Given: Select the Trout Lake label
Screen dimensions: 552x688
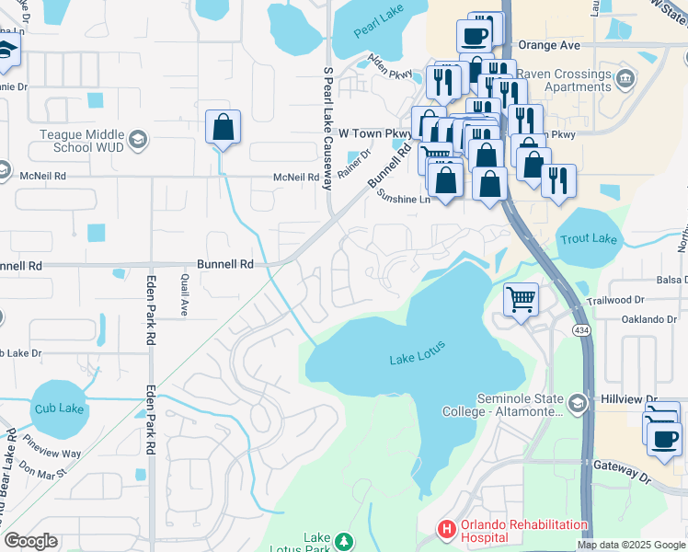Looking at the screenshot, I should tap(589, 239).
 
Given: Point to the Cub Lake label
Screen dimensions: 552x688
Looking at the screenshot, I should tap(56, 408).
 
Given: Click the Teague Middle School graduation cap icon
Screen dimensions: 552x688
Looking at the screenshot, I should tap(137, 140).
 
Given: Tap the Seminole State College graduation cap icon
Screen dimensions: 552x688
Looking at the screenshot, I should tap(577, 402).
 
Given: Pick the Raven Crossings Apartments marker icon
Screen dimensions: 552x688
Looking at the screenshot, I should tap(625, 76).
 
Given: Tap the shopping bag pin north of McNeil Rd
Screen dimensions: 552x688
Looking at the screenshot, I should tap(223, 129).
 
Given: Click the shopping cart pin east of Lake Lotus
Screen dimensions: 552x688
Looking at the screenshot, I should tap(521, 300).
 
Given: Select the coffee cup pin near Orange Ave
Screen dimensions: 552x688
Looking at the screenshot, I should tap(474, 37).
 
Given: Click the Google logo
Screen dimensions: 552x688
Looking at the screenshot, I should tap(30, 541).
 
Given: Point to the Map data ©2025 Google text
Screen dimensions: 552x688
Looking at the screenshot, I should tap(631, 545).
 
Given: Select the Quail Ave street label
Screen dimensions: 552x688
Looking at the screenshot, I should tap(184, 295).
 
